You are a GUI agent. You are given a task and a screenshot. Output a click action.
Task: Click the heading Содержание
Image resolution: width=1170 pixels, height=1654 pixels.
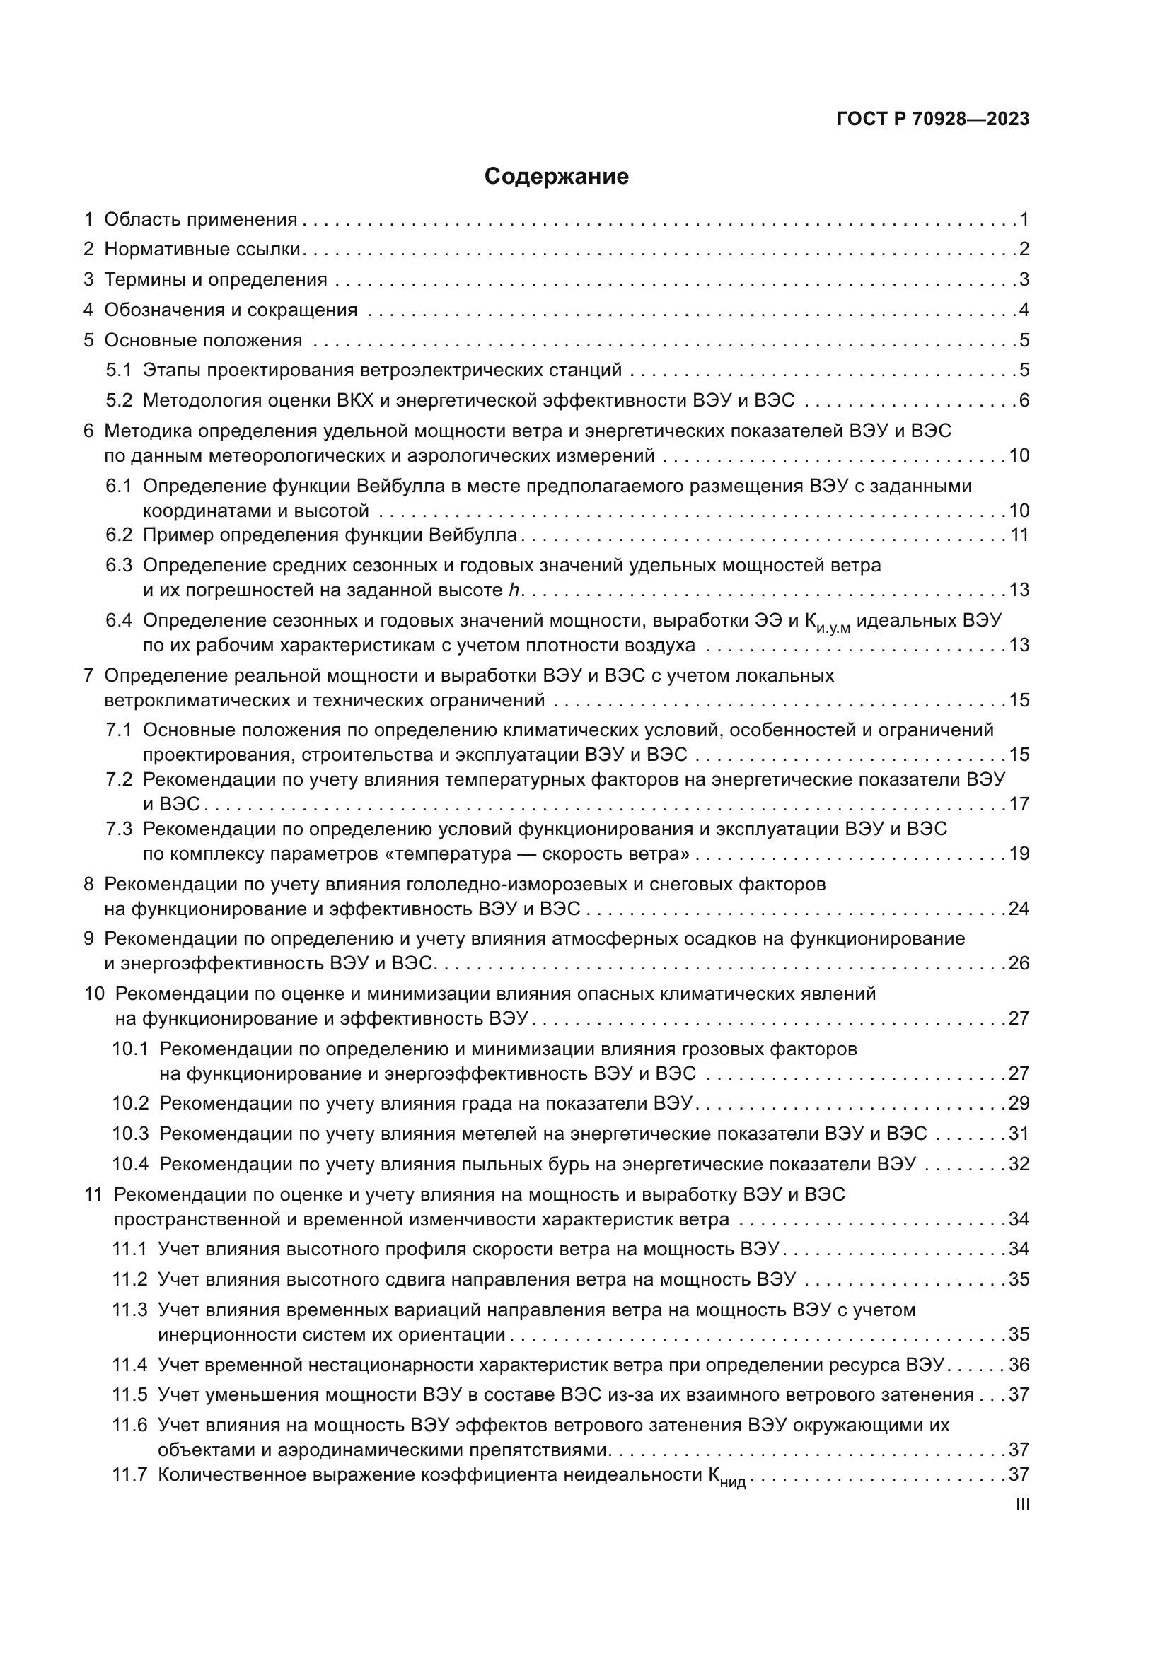[556, 177]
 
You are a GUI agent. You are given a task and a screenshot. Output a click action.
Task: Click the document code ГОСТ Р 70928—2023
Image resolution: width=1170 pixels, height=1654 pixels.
[933, 120]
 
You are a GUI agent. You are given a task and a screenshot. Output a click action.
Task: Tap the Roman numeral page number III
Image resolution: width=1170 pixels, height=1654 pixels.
[1021, 1504]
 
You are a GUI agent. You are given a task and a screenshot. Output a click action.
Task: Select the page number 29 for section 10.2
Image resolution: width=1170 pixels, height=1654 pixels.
[1019, 1104]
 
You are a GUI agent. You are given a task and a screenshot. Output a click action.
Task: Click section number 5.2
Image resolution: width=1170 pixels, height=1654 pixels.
[120, 400]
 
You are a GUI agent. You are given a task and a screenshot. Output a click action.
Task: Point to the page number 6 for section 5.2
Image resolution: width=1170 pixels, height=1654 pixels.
[1024, 400]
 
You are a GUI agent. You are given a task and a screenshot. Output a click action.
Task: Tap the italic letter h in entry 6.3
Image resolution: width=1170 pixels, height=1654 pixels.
[514, 590]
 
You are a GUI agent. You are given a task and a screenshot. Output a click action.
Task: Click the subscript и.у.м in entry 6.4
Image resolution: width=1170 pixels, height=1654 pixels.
[833, 629]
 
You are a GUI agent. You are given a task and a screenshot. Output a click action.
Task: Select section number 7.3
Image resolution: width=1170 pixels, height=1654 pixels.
[120, 829]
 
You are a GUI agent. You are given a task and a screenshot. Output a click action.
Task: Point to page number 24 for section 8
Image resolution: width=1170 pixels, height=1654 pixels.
[1019, 909]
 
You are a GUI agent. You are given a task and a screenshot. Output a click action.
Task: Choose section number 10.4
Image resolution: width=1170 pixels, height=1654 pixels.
[130, 1164]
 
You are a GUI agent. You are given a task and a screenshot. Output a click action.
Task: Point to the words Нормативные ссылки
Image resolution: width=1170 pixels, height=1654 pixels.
[202, 249]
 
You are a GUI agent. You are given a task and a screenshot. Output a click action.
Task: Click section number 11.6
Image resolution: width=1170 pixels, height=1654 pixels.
[129, 1426]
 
